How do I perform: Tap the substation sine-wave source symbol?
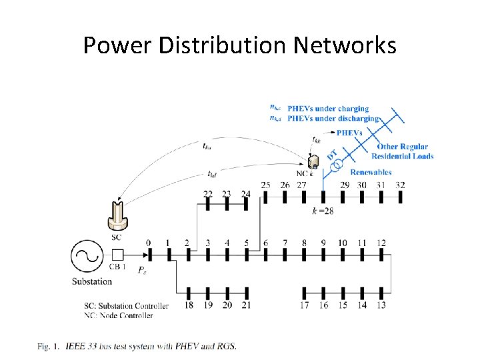(86, 255)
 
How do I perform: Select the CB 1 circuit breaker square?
(118, 255)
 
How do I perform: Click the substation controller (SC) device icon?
(117, 213)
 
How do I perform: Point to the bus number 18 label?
(189, 305)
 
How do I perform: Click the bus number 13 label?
(381, 305)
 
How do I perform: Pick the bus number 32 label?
(399, 185)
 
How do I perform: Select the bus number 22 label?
(208, 194)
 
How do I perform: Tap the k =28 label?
(323, 211)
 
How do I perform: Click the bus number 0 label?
(148, 243)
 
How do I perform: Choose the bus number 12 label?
(381, 243)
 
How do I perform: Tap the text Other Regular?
(403, 147)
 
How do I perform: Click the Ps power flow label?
(143, 270)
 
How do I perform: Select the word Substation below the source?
(92, 281)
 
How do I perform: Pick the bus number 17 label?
(304, 305)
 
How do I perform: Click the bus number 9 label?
(323, 243)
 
